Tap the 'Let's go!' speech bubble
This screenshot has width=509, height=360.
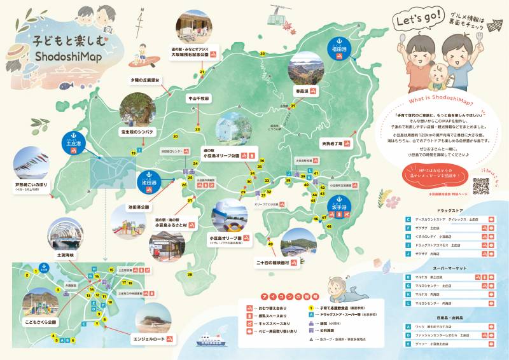[x=417, y=20]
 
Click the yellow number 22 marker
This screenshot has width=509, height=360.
[x=262, y=54]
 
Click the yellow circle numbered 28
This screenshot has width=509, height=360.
[x=190, y=274]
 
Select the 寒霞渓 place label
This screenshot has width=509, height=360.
[x=302, y=91]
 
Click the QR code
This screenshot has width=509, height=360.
[x=481, y=185]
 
